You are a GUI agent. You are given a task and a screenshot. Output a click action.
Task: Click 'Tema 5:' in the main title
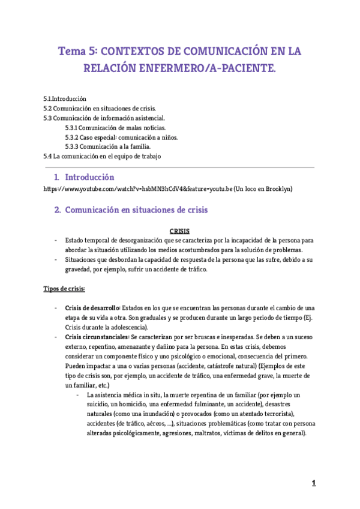(x=76, y=52)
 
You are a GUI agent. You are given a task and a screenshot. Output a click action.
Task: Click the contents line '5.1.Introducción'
(x=65, y=98)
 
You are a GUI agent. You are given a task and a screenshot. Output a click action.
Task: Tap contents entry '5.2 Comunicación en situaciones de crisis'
(x=100, y=108)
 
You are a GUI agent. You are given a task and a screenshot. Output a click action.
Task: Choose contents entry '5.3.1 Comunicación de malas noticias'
(x=115, y=127)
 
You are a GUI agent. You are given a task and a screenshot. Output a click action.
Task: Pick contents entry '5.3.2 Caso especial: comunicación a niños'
(x=121, y=137)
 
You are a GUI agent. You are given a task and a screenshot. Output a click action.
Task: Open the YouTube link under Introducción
(x=137, y=189)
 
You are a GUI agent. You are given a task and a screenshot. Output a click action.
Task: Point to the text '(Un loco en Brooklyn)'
(x=263, y=189)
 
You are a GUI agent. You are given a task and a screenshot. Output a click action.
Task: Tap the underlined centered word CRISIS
(x=179, y=230)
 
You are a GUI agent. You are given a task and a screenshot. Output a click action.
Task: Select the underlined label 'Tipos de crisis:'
(x=64, y=289)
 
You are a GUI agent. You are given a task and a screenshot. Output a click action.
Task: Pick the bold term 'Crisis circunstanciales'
(x=97, y=337)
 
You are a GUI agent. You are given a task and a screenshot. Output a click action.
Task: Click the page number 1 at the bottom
(x=313, y=483)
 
